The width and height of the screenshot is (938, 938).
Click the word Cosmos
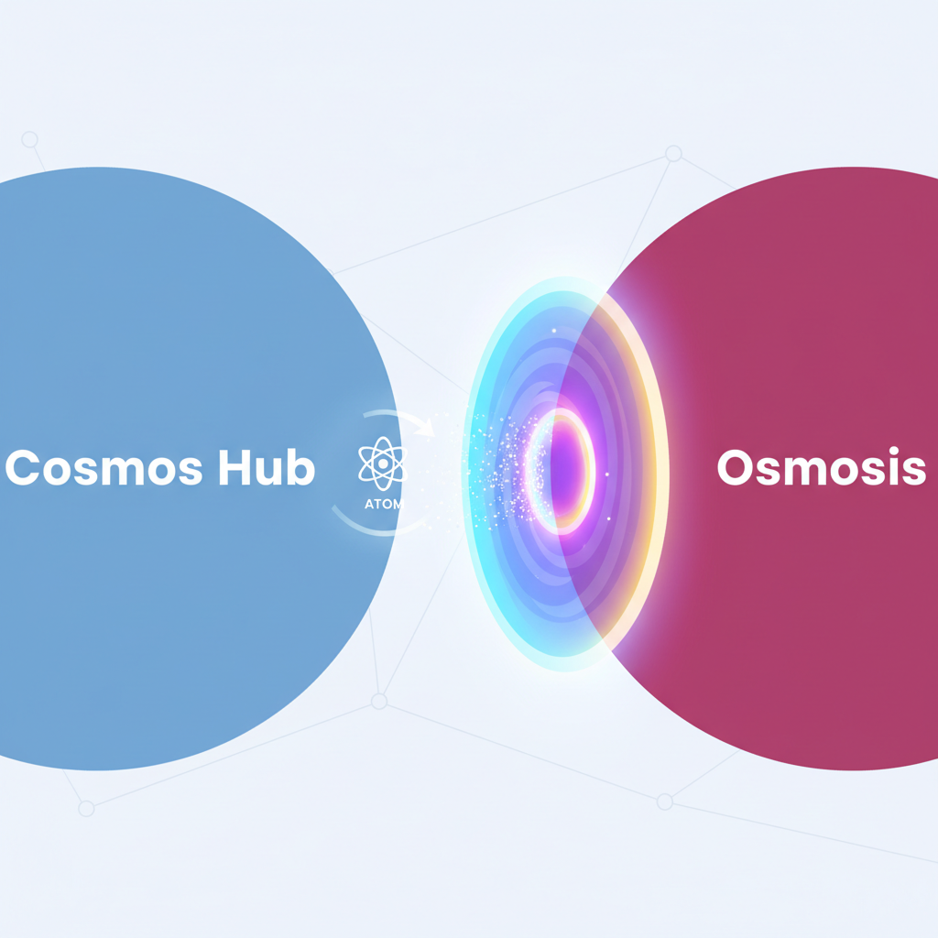coord(104,469)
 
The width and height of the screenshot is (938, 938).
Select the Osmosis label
coord(820,469)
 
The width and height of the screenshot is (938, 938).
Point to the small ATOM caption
coord(380,505)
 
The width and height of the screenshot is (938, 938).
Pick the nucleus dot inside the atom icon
coord(381,464)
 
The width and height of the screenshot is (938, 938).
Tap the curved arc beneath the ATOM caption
coord(366,528)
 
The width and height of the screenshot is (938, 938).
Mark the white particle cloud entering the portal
coord(499,467)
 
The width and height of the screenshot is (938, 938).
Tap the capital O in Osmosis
coord(736,469)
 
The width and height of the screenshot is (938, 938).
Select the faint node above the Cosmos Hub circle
coord(29,139)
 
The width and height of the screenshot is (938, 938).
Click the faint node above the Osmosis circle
coord(673,154)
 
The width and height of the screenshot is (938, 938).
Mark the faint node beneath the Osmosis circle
coord(665,802)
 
